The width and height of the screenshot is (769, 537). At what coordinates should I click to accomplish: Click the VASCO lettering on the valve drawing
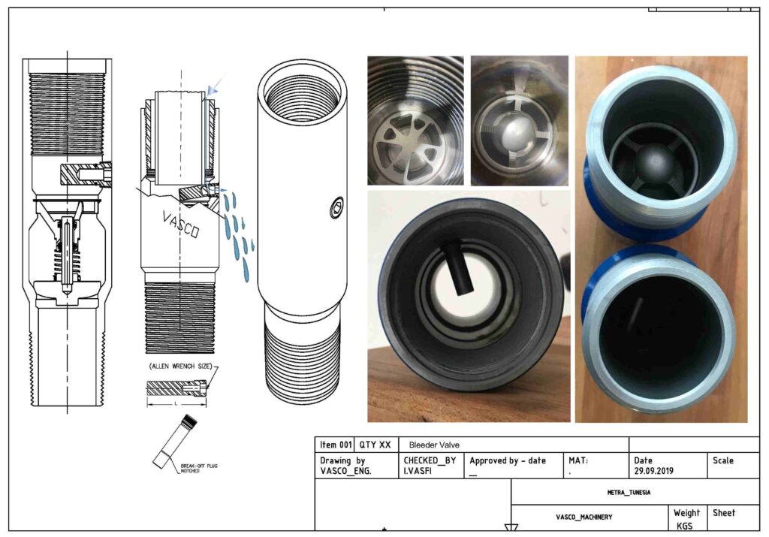coord(181,224)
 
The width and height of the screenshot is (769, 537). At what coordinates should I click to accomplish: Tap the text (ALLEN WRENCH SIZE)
coord(178,366)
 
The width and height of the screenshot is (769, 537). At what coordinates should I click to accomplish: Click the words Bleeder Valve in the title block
coord(434,445)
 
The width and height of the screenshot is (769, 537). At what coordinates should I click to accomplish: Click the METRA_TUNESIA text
coord(629,492)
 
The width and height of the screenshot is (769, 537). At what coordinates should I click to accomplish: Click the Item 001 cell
coord(334,445)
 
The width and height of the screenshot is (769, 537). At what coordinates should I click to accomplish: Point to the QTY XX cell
coord(375,445)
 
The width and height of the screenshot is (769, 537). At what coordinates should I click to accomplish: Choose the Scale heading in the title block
coord(722,460)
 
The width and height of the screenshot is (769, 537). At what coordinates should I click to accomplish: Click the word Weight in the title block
coord(686,513)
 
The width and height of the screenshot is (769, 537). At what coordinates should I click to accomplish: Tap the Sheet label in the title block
coord(724,513)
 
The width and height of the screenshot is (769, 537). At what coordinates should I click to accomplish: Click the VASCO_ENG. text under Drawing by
coord(345,472)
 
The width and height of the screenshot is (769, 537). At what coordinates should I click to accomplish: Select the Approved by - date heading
coord(508,460)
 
